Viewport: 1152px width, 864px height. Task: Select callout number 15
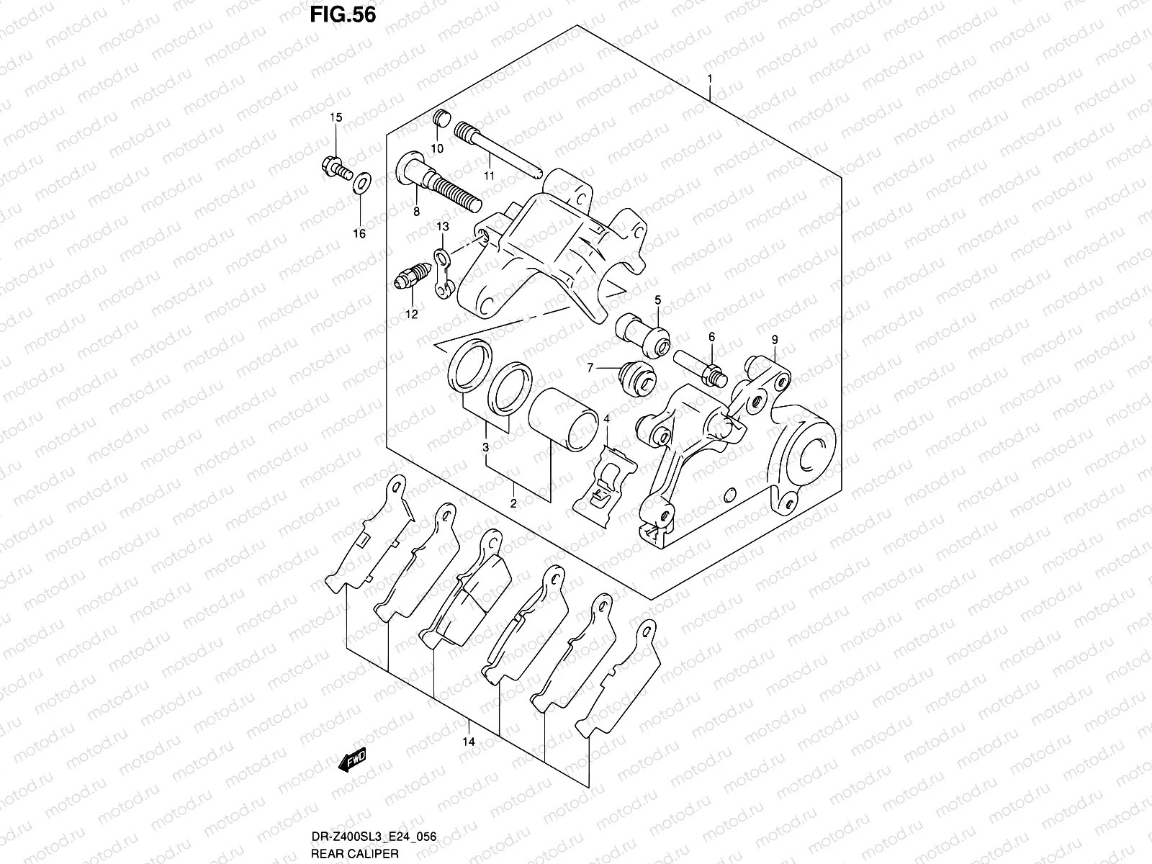pos(336,117)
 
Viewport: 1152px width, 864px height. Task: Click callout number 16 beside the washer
pos(359,233)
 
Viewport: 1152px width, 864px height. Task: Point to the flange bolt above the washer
pos(336,170)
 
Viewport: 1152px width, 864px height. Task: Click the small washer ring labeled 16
pos(363,184)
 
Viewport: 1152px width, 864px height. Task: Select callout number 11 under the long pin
pos(489,176)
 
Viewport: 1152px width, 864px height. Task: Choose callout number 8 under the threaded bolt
pos(416,212)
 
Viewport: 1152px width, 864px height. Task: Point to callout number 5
pos(657,299)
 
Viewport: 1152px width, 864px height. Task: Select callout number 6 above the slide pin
pos(711,337)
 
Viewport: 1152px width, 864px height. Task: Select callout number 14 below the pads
pos(469,742)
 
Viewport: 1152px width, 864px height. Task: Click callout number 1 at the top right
pos(710,78)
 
